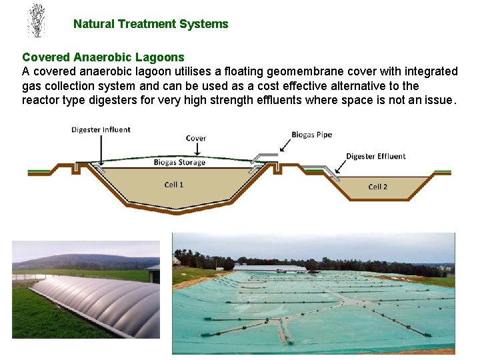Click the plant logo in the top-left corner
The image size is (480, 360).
(x=36, y=21)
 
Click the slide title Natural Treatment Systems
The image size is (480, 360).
(x=151, y=24)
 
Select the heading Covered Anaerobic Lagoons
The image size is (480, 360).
(x=103, y=57)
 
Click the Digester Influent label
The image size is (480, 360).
(x=101, y=129)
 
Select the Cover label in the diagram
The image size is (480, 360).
(x=195, y=139)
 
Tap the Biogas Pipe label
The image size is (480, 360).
(x=311, y=135)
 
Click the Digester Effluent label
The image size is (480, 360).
(x=375, y=157)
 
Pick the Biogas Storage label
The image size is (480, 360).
(x=179, y=162)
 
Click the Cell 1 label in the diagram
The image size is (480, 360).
(x=174, y=184)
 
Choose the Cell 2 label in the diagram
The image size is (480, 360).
(x=378, y=187)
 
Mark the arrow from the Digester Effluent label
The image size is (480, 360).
(x=341, y=169)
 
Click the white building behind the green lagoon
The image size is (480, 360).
(x=270, y=267)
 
